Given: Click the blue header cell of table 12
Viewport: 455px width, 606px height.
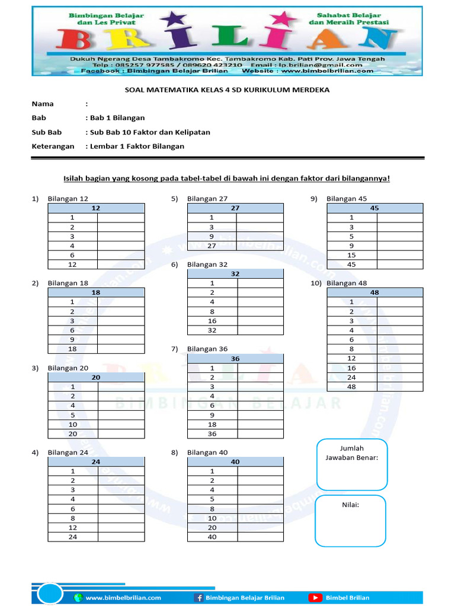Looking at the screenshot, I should [x=96, y=208].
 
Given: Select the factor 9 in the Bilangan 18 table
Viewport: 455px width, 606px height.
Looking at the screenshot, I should [x=72, y=340].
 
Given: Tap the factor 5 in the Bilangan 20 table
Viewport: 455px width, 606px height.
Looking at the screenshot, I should [x=72, y=415].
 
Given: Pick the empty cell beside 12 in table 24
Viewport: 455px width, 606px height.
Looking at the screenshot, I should [x=121, y=527].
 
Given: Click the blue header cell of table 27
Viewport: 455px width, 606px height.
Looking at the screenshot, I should [x=235, y=208].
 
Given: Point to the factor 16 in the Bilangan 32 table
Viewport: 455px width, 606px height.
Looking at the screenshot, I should [x=212, y=321].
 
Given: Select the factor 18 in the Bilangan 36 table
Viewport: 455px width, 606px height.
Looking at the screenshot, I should [x=212, y=424].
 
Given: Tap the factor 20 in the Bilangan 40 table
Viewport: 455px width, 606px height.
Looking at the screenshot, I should [x=212, y=527].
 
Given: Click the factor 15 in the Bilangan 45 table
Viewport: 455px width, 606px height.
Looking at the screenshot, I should [x=351, y=255].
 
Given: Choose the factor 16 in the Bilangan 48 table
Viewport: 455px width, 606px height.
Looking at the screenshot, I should [x=351, y=368].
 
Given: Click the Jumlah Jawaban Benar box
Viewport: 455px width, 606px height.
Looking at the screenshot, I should [x=351, y=465].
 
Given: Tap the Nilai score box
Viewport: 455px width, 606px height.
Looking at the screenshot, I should [x=350, y=521].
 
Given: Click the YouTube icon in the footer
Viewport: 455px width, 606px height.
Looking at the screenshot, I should [x=315, y=598].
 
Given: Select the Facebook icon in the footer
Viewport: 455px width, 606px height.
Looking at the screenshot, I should [x=198, y=598].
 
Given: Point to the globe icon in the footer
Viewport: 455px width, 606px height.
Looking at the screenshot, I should [x=78, y=598].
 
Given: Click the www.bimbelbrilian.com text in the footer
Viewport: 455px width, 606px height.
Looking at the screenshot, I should [x=123, y=598].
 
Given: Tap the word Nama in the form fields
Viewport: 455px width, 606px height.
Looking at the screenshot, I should [x=42, y=104].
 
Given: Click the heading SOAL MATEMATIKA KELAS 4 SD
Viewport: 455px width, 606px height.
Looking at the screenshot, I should [x=227, y=90].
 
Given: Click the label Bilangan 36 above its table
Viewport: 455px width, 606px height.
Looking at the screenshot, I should [x=207, y=349].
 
